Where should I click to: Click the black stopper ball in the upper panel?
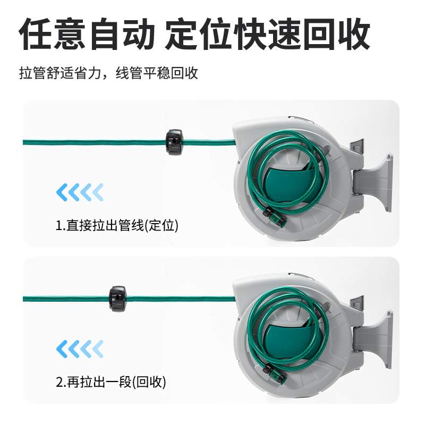[x=175, y=141]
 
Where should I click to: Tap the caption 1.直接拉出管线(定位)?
[x=117, y=225]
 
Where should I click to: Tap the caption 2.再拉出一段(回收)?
[x=110, y=381]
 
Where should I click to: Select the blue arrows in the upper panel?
[x=80, y=191]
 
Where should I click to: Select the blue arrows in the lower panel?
[x=80, y=348]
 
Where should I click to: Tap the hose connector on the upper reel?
[x=274, y=216]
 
